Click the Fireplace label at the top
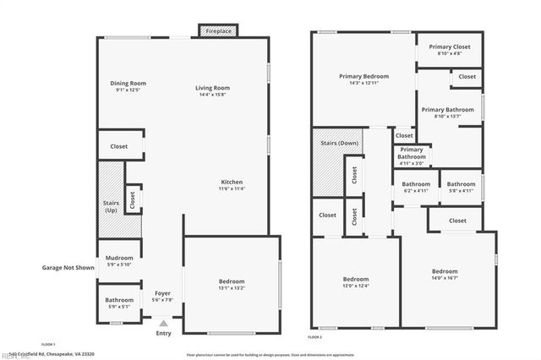(219, 31)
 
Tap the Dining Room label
(128, 83)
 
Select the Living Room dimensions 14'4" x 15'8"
(213, 95)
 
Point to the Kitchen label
(232, 183)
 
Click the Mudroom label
(119, 258)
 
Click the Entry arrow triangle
(163, 322)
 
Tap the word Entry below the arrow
(163, 333)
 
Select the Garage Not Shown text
(68, 268)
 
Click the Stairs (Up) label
(111, 205)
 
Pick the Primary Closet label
(450, 46)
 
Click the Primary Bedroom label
(363, 76)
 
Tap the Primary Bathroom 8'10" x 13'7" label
(448, 109)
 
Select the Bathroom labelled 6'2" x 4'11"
(416, 184)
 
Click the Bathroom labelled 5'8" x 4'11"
(461, 184)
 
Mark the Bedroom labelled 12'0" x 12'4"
(356, 280)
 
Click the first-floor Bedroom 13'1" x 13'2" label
(232, 281)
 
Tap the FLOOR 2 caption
(314, 337)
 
